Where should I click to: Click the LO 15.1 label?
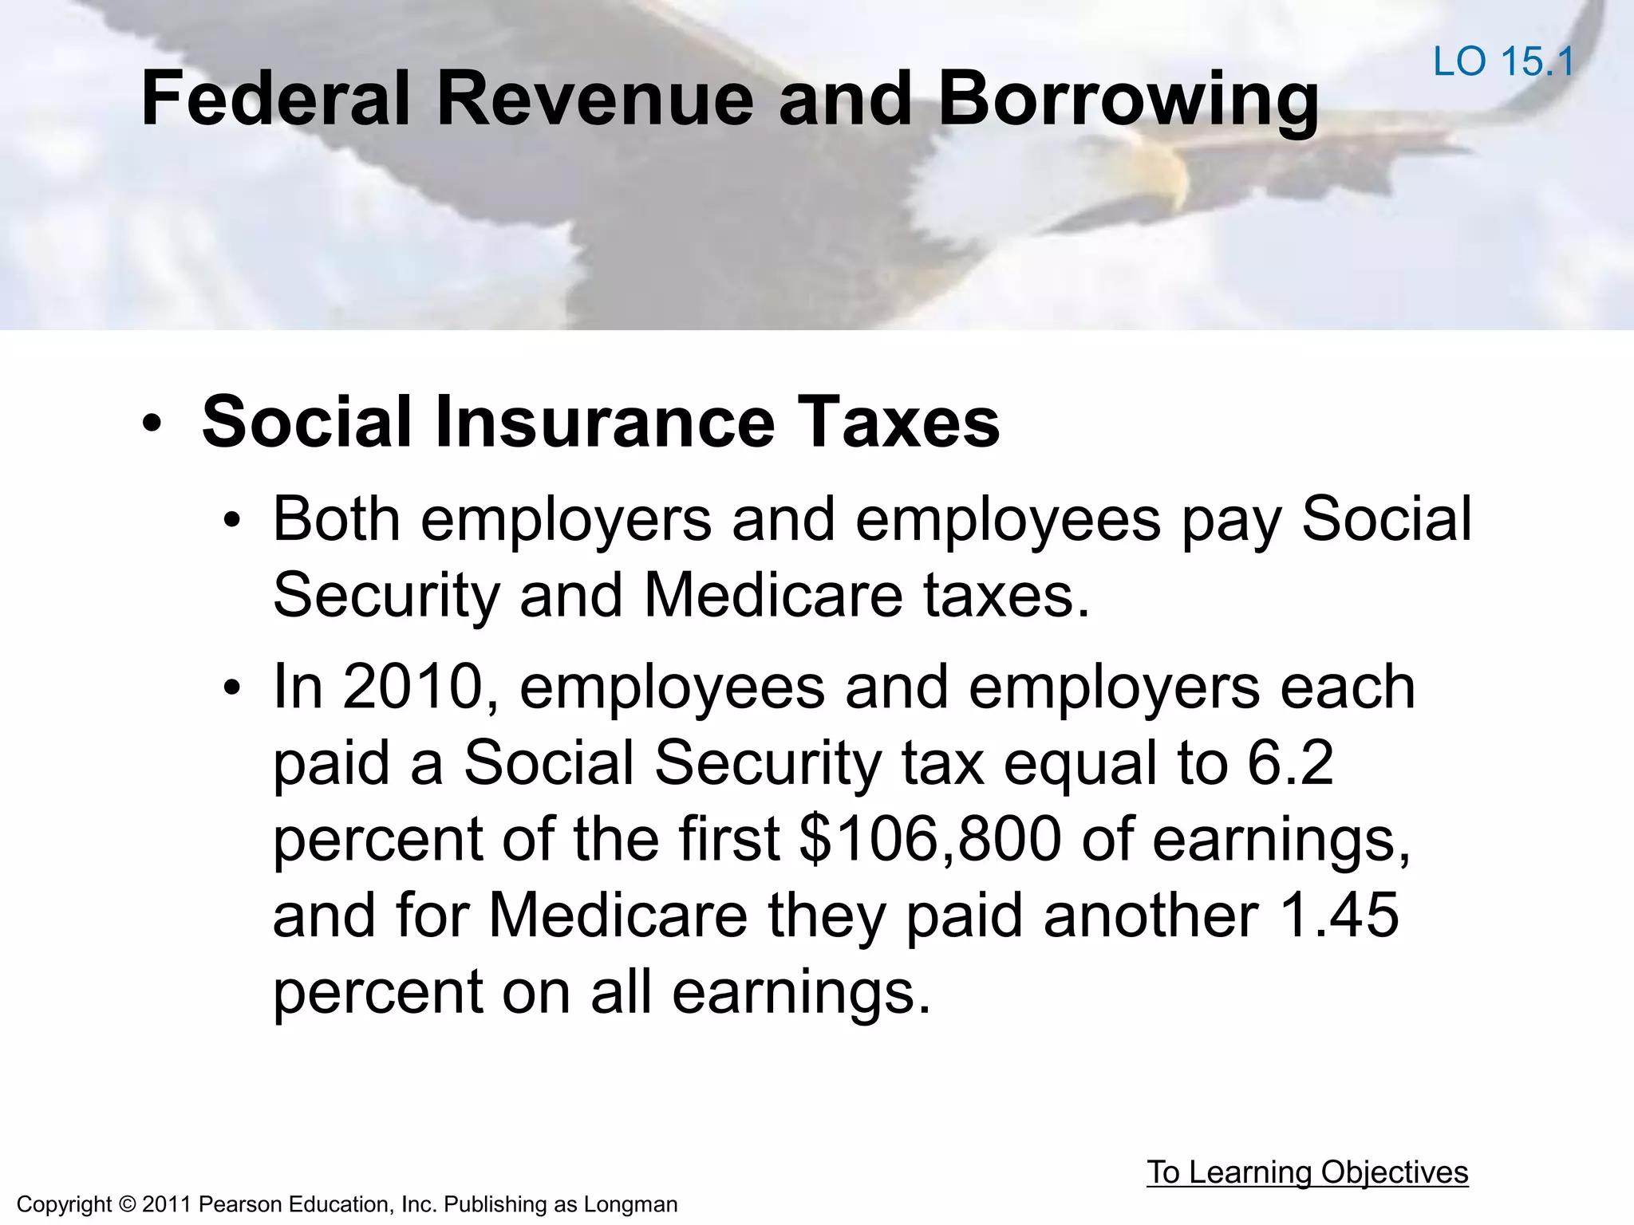click(1503, 62)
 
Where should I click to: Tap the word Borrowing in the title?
click(1127, 100)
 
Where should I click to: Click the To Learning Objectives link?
click(1307, 1173)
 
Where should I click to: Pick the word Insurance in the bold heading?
click(604, 422)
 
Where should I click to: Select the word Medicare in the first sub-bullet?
click(772, 595)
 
